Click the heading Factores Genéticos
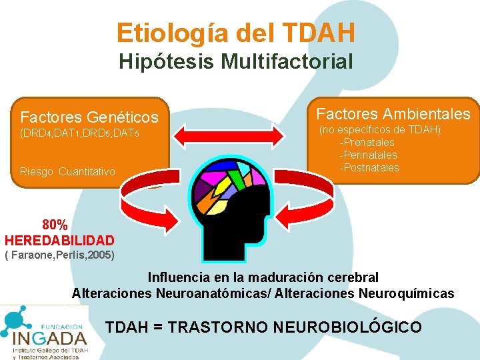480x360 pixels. click(x=89, y=118)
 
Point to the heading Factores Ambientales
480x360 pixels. click(x=393, y=114)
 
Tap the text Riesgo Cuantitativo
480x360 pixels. click(x=67, y=172)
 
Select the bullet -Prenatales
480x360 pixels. click(x=367, y=142)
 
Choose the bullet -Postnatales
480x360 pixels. click(x=369, y=167)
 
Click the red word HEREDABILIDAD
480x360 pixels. click(x=59, y=240)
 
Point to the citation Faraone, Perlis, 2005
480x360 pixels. click(x=60, y=255)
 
